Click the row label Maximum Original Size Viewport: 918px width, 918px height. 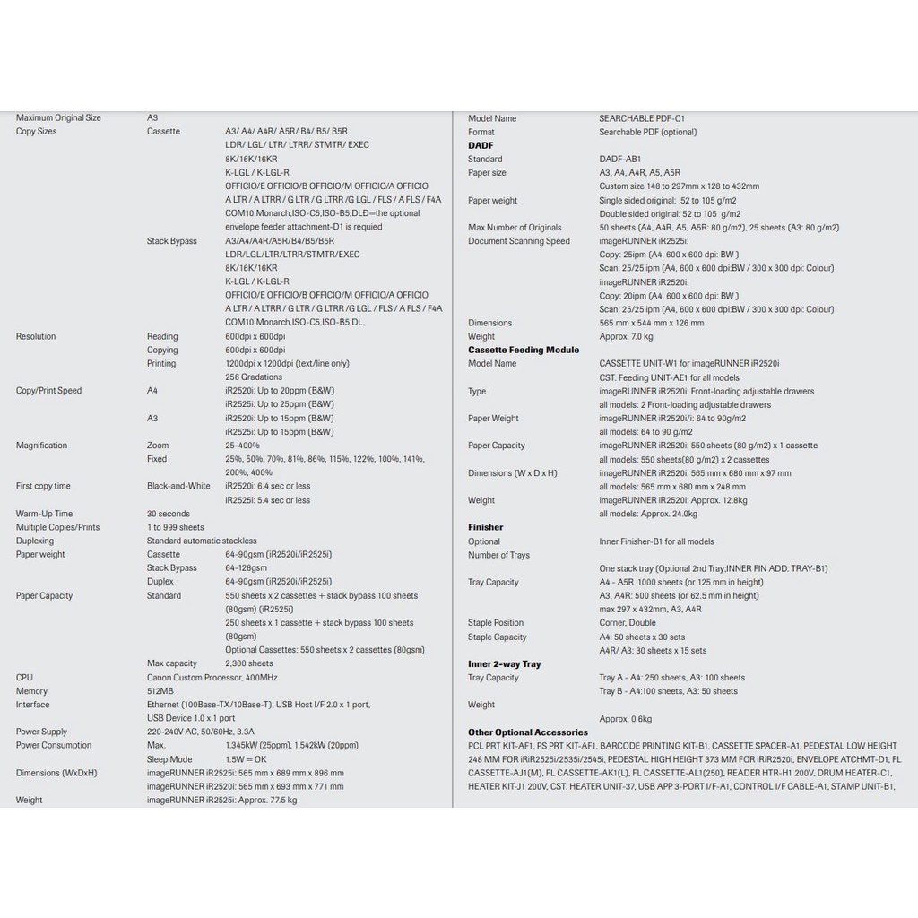tap(58, 117)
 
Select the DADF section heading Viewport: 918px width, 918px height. tap(481, 145)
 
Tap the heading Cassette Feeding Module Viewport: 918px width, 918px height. tap(524, 350)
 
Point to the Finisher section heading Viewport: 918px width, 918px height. tap(485, 527)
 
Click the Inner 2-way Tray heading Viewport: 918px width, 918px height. tap(504, 664)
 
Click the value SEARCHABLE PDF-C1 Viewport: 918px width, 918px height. tap(642, 118)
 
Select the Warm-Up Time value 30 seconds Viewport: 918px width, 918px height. tap(169, 514)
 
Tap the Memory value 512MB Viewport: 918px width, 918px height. tap(160, 691)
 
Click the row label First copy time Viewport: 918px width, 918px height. tap(43, 486)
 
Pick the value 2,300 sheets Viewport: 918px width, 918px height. tap(249, 663)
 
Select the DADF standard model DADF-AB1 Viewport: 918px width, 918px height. tap(620, 159)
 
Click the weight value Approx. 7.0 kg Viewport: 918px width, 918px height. tap(626, 336)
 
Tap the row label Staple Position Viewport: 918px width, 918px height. tap(496, 623)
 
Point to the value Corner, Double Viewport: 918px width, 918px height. tap(628, 623)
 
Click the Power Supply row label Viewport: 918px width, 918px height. tap(41, 732)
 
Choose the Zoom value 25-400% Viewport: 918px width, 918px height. tap(242, 446)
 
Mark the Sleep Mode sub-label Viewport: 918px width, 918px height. tap(169, 759)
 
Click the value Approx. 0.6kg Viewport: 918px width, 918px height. tap(626, 719)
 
